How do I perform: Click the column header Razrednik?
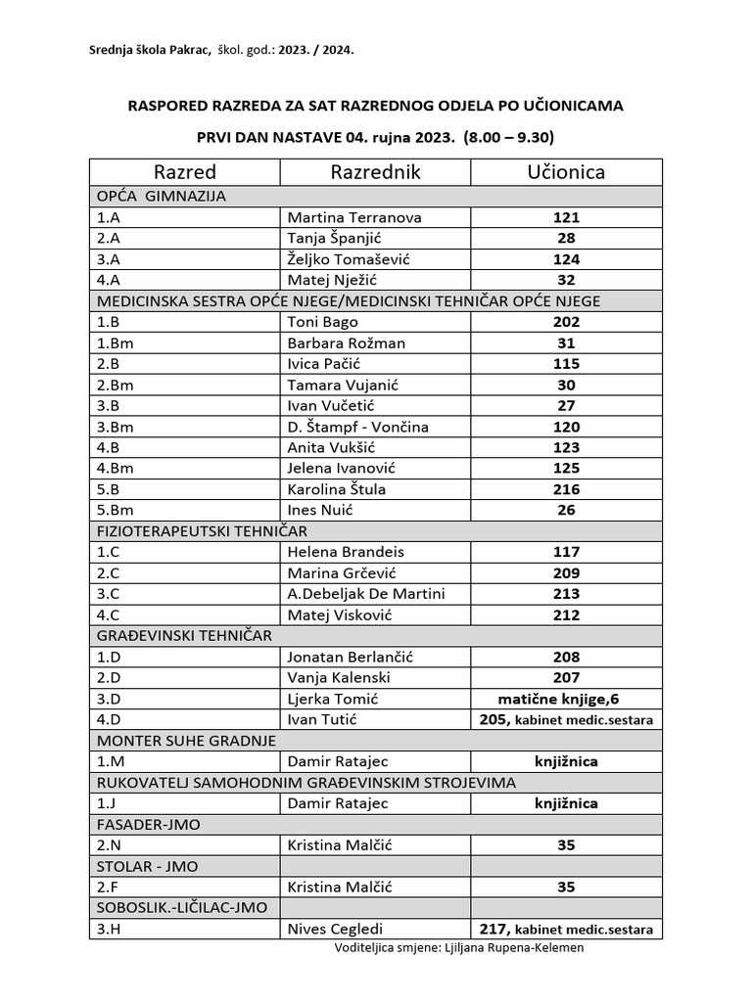[x=375, y=172]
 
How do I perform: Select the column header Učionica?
[x=566, y=172]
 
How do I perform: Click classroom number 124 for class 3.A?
[x=566, y=259]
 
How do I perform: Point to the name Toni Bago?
[x=322, y=321]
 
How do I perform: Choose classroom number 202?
[x=566, y=321]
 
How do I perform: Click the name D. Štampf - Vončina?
[x=357, y=427]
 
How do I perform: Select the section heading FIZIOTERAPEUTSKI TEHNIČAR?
[x=202, y=530]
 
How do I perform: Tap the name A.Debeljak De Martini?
[x=365, y=594]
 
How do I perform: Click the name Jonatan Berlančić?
[x=352, y=658]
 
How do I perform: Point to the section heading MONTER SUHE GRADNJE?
[x=186, y=740]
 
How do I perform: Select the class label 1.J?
[x=105, y=803]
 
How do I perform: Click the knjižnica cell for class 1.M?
[x=566, y=761]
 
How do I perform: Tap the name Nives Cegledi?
[x=335, y=930]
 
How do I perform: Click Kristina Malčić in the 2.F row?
[x=340, y=888]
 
